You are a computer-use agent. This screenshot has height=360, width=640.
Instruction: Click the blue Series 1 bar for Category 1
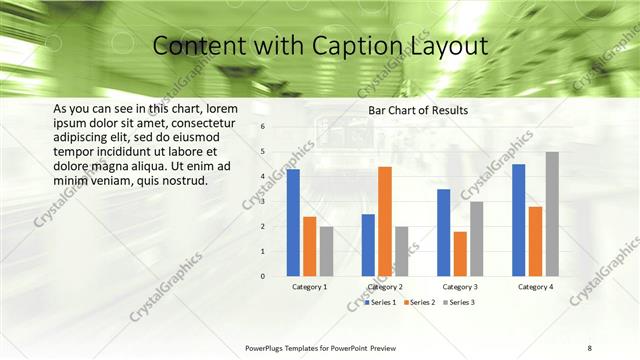pos(293,222)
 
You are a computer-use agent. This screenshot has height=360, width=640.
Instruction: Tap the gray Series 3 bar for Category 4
pos(552,214)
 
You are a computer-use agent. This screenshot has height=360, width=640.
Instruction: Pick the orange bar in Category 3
pos(460,254)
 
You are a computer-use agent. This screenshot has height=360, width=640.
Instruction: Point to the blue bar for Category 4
pos(519,220)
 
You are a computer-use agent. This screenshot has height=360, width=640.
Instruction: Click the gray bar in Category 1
pos(326,251)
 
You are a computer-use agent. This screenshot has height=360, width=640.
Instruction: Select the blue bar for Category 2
pos(368,245)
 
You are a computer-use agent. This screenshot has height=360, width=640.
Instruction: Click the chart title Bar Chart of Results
pos(418,110)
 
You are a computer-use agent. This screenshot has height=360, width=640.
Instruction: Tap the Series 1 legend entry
pos(381,302)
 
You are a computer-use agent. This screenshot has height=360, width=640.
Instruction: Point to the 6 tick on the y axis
pos(262,127)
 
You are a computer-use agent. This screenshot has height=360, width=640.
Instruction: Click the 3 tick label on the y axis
pos(262,201)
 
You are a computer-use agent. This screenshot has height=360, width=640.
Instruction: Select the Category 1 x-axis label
pos(310,287)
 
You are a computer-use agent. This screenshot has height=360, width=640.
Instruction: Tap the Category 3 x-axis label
pos(460,287)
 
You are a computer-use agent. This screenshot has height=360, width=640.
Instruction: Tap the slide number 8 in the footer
pos(590,347)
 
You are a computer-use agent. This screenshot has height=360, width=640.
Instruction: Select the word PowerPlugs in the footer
pos(268,347)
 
